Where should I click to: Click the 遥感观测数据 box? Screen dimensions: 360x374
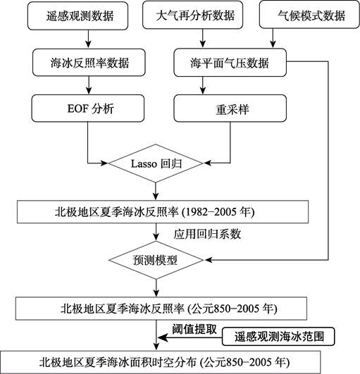(77, 16)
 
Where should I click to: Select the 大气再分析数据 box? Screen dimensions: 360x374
(193, 15)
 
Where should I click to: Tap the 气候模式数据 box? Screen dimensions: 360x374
(309, 15)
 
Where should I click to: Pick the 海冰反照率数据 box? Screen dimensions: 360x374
(89, 63)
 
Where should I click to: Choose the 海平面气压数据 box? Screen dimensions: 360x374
(230, 63)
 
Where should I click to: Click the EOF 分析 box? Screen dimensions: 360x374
(88, 108)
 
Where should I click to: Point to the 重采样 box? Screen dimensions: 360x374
(230, 108)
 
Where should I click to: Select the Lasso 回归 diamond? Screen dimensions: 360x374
(156, 163)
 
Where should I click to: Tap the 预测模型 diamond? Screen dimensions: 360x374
(156, 260)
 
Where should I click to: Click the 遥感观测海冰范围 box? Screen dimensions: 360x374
(278, 336)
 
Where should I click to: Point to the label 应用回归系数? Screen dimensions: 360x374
(207, 235)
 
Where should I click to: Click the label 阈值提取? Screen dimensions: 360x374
(194, 330)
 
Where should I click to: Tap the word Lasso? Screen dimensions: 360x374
(144, 164)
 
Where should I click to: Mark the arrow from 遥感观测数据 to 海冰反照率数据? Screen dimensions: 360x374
(89, 39)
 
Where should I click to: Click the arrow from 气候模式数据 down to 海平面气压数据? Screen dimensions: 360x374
(273, 38)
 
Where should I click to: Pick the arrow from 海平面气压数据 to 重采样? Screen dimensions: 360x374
(203, 85)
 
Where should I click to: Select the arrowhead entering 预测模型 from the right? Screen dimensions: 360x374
(209, 260)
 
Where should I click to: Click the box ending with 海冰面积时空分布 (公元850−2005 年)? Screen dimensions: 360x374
(161, 362)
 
